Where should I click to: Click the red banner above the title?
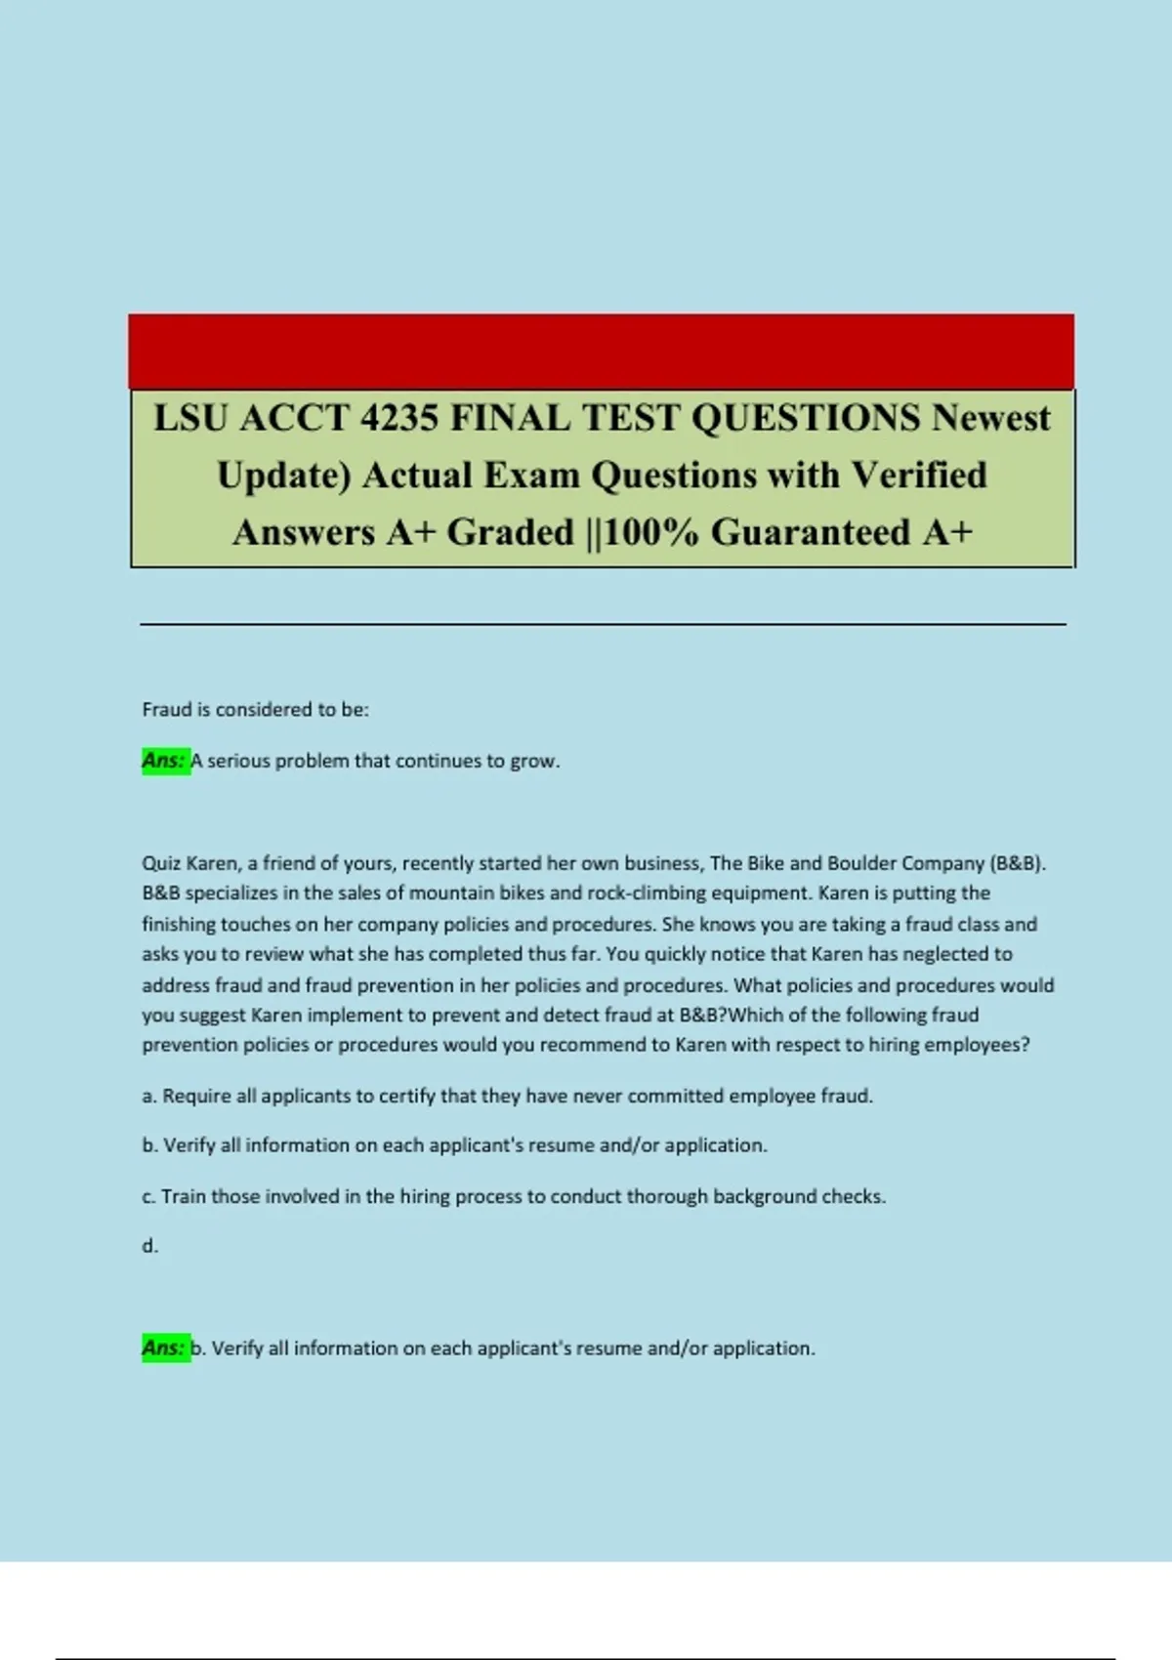601,352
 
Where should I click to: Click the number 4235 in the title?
398,418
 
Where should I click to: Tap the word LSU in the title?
190,418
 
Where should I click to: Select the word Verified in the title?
919,476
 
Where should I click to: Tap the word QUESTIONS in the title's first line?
806,418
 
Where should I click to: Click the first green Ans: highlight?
164,761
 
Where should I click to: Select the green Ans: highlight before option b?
164,1349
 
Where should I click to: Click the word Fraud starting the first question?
167,710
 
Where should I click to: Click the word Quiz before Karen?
161,863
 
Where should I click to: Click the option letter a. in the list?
149,1097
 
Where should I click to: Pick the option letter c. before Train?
149,1197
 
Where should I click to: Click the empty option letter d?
149,1246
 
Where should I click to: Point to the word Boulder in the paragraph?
861,863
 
